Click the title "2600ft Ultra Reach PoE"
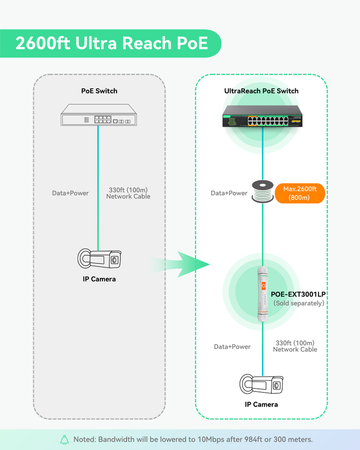pos(112,44)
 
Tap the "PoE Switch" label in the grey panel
pos(99,91)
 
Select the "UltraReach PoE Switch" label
pos(261,91)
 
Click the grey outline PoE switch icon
pos(98,115)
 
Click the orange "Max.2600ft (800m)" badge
pos(300,193)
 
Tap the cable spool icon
pos(262,192)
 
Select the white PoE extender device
pos(262,293)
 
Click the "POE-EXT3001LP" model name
pos(298,294)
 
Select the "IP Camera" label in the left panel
pos(99,279)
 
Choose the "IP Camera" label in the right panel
pos(261,405)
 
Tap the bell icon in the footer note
pos(64,440)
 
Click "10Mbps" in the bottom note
pos(202,440)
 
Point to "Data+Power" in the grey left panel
pos(70,193)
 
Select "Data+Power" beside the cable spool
pos(229,193)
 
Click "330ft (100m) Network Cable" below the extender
pos(295,346)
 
